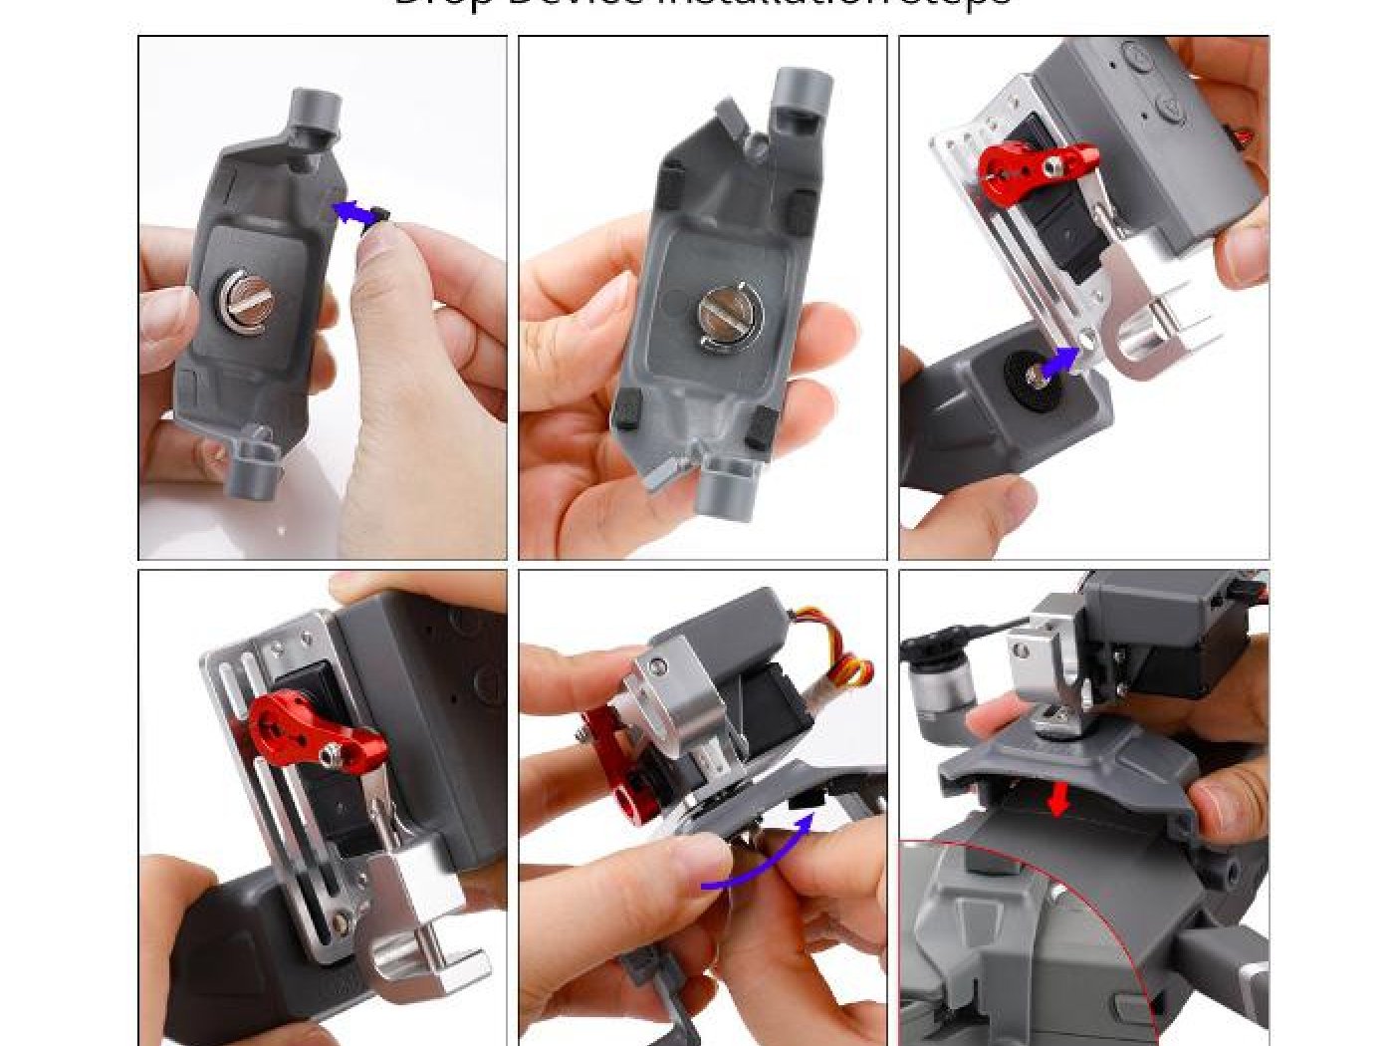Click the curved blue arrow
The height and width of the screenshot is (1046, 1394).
pyautogui.click(x=757, y=862)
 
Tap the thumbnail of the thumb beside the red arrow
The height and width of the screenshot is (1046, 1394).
pyautogui.click(x=1213, y=802)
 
